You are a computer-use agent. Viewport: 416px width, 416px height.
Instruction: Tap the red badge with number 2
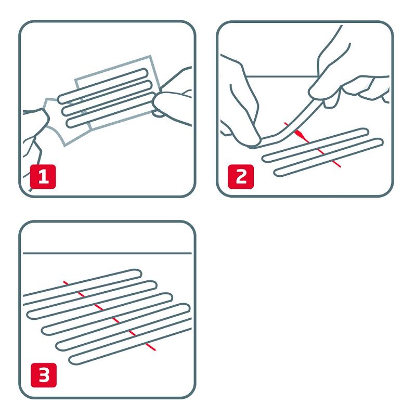tap(241, 177)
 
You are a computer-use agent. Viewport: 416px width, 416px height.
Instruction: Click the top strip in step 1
tap(104, 83)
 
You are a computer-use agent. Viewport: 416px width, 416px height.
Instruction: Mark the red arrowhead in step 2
tap(298, 134)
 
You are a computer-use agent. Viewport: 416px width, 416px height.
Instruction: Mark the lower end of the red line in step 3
tap(154, 349)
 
